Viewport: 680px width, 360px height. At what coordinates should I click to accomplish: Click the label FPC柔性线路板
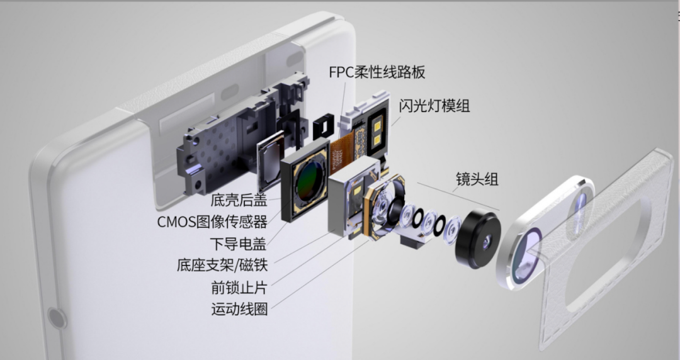(x=377, y=72)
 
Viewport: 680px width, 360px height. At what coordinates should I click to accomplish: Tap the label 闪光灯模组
(x=434, y=106)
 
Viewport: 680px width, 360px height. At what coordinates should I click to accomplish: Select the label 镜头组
(x=477, y=179)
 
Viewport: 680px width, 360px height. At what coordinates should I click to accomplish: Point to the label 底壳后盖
(x=239, y=201)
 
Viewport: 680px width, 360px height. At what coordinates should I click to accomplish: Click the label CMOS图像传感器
(x=212, y=222)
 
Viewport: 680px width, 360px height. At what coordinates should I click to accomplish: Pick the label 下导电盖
(x=238, y=243)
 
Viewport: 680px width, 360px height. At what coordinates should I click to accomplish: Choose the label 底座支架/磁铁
(x=222, y=265)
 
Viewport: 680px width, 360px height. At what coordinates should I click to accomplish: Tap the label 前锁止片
(x=239, y=288)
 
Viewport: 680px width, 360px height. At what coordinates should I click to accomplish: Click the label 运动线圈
(x=239, y=309)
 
